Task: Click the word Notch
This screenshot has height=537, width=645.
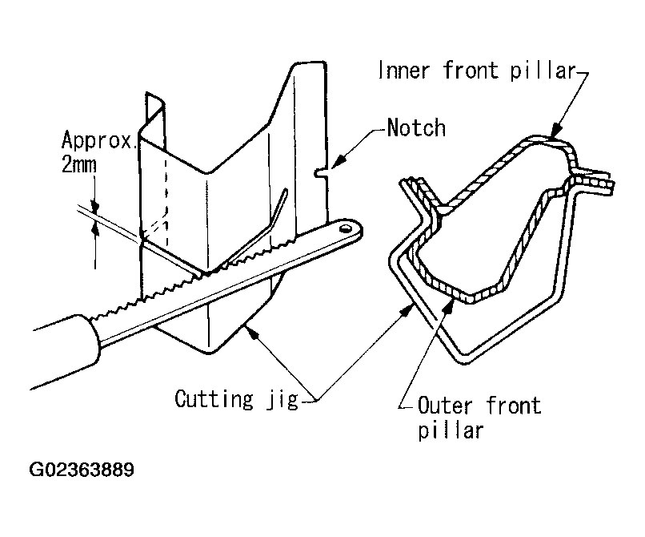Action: pos(415,127)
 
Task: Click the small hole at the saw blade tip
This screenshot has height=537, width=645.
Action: pos(346,228)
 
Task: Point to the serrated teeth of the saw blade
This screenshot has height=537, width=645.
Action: pos(184,281)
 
